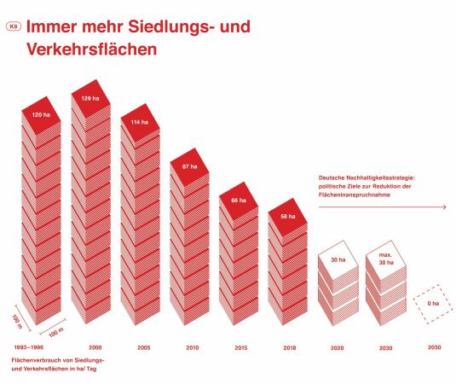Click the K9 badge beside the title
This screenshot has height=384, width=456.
click(x=13, y=27)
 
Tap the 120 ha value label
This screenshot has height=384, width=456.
click(x=42, y=113)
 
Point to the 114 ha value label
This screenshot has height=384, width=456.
click(x=140, y=123)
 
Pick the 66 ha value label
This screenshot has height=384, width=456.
click(x=239, y=200)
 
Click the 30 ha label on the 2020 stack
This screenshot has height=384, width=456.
click(x=338, y=259)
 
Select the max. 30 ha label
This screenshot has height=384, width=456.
click(x=386, y=259)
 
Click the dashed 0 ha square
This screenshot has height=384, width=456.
click(x=434, y=302)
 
